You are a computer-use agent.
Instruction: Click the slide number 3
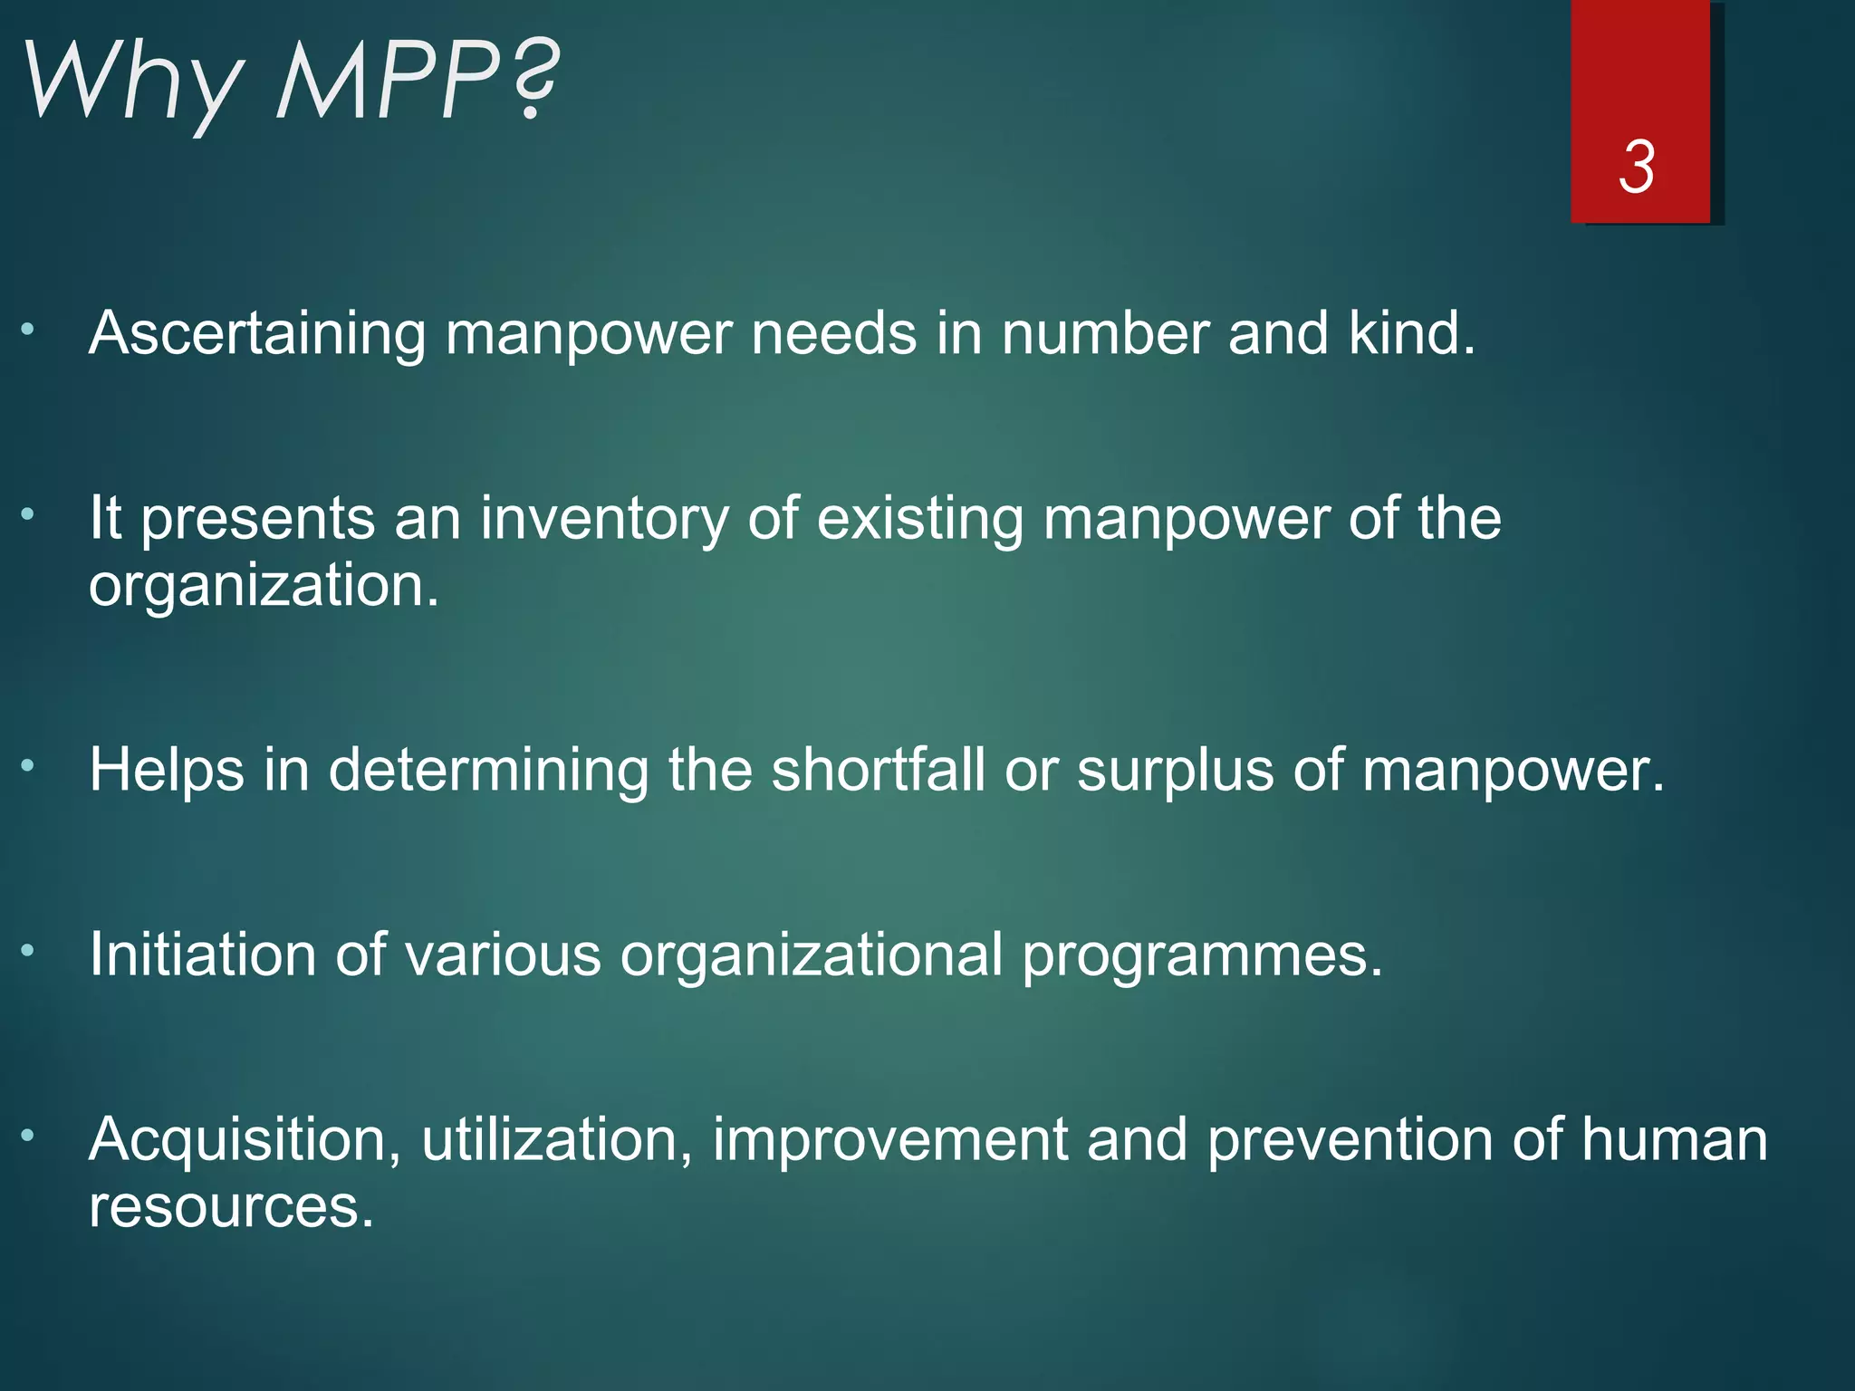click(x=1637, y=168)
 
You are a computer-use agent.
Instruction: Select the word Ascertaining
click(x=257, y=334)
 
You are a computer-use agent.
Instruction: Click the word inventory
click(x=604, y=520)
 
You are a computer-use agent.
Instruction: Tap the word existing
click(x=920, y=520)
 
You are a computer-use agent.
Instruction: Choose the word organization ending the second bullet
click(x=263, y=586)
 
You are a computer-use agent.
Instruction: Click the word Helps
click(x=167, y=772)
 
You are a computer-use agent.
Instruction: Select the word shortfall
click(x=878, y=771)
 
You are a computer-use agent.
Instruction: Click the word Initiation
click(x=203, y=955)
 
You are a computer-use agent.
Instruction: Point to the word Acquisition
click(x=245, y=1141)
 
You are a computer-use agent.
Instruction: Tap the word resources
click(x=231, y=1208)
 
